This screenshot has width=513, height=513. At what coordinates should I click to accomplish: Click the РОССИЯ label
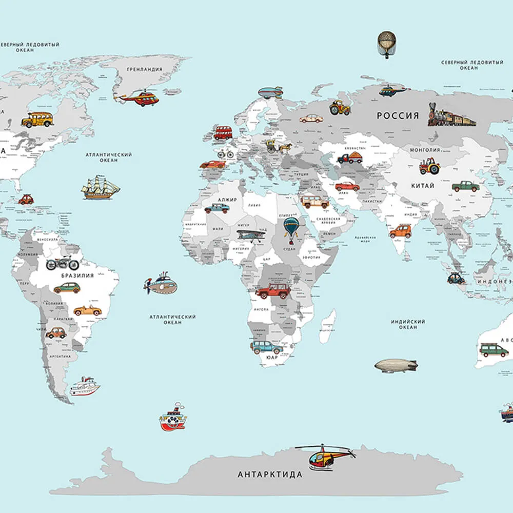click(398, 116)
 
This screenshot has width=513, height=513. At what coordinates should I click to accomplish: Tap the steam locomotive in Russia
click(451, 116)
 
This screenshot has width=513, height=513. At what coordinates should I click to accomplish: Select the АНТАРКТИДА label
click(270, 475)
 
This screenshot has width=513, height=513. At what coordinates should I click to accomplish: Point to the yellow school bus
click(37, 120)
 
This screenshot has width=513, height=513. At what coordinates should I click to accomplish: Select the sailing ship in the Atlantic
click(101, 188)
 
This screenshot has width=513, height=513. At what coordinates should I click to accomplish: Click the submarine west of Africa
click(161, 284)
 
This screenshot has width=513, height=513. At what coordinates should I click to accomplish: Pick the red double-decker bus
click(223, 133)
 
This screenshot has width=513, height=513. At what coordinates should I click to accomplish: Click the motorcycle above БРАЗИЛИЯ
click(63, 264)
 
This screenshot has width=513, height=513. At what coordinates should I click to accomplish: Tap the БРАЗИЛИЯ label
click(77, 275)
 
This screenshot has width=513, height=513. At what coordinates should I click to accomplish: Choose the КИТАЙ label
click(423, 185)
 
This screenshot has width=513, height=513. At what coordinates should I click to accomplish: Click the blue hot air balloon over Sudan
click(291, 228)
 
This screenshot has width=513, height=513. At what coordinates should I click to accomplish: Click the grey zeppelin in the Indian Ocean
click(396, 366)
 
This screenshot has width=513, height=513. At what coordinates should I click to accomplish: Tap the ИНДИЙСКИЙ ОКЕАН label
click(408, 324)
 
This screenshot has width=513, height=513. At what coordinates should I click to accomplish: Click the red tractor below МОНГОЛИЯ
click(429, 166)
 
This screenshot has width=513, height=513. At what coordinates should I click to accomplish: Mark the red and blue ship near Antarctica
click(172, 418)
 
